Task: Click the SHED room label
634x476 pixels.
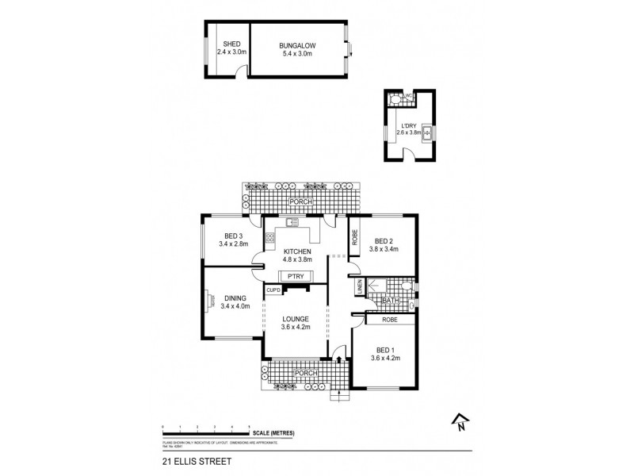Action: click(x=231, y=44)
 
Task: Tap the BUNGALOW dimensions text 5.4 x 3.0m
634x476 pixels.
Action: click(x=298, y=54)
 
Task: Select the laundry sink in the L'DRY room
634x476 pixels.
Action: click(x=426, y=132)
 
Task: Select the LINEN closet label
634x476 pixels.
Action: click(x=359, y=287)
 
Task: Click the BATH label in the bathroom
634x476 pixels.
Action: click(x=390, y=301)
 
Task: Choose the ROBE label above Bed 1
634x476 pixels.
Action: click(x=389, y=319)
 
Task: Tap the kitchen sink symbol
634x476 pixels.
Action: click(x=291, y=223)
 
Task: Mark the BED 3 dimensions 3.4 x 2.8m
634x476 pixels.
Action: click(x=233, y=244)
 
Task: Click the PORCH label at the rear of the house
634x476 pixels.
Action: click(x=302, y=203)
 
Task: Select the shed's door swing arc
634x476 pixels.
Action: click(x=239, y=73)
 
